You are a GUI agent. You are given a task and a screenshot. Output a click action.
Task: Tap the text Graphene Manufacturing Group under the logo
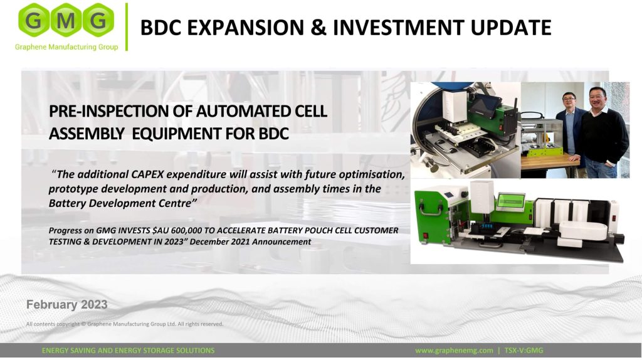coord(66,47)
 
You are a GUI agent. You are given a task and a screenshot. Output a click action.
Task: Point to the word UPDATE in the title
coord(510,28)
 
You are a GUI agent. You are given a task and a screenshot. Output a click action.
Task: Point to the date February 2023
coord(66,305)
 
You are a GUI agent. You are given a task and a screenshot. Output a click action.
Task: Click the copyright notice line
coord(125,324)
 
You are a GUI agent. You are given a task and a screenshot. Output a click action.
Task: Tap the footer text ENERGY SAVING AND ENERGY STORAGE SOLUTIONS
coord(128,351)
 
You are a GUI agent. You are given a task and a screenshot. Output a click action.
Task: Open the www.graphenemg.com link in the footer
coord(454,351)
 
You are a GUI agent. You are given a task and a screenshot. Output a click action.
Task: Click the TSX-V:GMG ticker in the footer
coord(524,351)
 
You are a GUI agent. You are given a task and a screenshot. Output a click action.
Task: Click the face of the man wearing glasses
coord(569,100)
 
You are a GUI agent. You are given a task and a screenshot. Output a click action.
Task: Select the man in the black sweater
coord(604,132)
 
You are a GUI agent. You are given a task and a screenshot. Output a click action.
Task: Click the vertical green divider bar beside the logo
coord(127,27)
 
